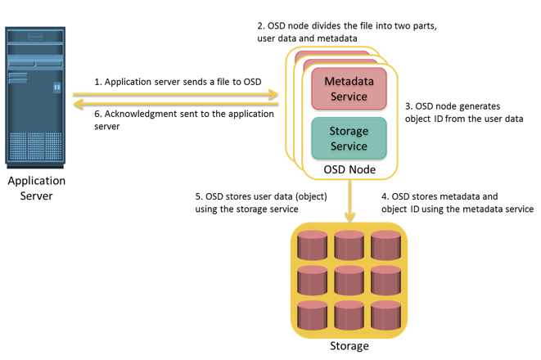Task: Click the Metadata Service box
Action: click(349, 88)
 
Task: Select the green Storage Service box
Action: click(349, 138)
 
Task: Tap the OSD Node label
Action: click(349, 169)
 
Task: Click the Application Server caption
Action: click(37, 188)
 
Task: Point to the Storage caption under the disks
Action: click(349, 346)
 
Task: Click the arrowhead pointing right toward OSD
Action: click(273, 94)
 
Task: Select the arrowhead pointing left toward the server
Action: click(79, 103)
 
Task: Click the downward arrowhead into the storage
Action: click(349, 218)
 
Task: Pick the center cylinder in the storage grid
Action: click(349, 281)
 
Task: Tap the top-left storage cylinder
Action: click(313, 245)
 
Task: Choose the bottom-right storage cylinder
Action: click(385, 315)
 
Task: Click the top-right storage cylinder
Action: click(385, 245)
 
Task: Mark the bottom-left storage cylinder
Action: click(313, 315)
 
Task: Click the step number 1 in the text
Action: click(97, 82)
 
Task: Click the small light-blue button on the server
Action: click(57, 88)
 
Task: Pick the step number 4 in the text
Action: click(385, 196)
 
